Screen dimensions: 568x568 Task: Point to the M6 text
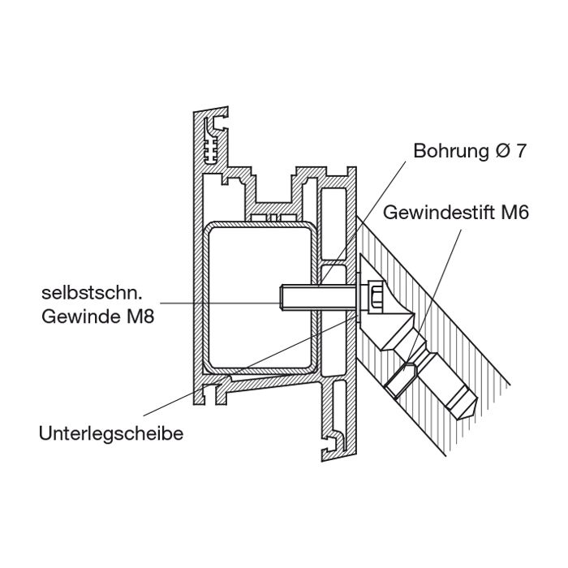(x=513, y=214)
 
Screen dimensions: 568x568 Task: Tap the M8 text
(x=139, y=315)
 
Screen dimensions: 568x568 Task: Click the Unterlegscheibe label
(x=110, y=433)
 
